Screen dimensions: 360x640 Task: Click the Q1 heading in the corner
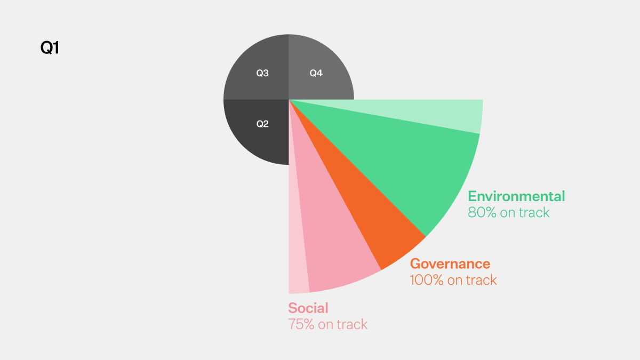point(50,48)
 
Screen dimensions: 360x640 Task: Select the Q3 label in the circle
point(262,73)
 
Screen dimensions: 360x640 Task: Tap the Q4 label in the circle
point(316,73)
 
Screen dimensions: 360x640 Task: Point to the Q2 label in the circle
point(262,124)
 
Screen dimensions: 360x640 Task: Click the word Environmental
point(516,196)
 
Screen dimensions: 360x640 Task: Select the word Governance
point(450,263)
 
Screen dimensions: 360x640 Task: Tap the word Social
point(308,308)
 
